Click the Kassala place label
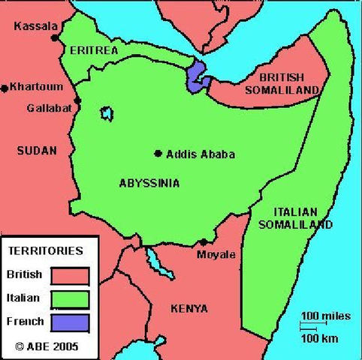pyautogui.click(x=35, y=26)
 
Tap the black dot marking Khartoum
pyautogui.click(x=5, y=88)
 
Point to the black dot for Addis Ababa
pyautogui.click(x=158, y=154)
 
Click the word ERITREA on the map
pyautogui.click(x=94, y=49)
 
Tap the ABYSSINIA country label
pyautogui.click(x=149, y=182)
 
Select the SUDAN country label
pyautogui.click(x=36, y=151)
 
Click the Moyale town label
pyautogui.click(x=216, y=254)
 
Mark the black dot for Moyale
pyautogui.click(x=204, y=242)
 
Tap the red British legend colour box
pyautogui.click(x=71, y=276)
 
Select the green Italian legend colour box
pyautogui.click(x=71, y=299)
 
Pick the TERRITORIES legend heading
pyautogui.click(x=46, y=251)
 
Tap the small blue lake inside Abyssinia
pyautogui.click(x=107, y=114)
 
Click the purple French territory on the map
pyautogui.click(x=197, y=76)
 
